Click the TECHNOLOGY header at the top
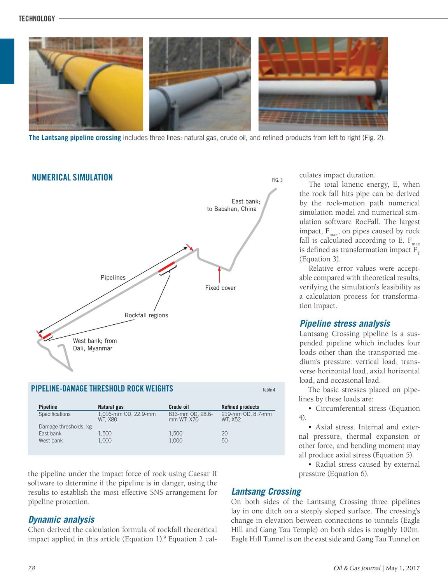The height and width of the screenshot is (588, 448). click(37, 19)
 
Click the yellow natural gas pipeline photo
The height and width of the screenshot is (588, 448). click(86, 84)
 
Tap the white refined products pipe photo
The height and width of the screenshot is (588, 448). click(323, 84)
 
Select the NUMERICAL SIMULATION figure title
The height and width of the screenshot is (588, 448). click(72, 178)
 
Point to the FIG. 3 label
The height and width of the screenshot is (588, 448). click(277, 180)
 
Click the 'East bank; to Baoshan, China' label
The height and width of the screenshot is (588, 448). click(232, 205)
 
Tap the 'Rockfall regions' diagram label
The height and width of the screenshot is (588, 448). click(146, 315)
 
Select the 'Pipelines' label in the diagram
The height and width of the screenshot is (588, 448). click(113, 278)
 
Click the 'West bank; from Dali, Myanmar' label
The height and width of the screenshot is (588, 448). click(95, 345)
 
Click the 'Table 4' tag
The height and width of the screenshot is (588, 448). click(269, 390)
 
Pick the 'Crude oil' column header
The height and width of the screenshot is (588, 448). click(178, 407)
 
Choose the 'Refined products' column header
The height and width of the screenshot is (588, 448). click(240, 407)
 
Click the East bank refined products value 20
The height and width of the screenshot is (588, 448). click(224, 434)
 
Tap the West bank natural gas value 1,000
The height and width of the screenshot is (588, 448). click(105, 441)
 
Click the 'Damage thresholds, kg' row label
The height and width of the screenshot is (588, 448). click(65, 427)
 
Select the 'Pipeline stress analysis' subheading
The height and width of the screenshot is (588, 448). click(345, 324)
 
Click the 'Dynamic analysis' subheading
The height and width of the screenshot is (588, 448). click(61, 520)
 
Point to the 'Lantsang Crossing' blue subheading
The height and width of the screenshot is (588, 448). click(266, 492)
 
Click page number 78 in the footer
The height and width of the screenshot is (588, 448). click(31, 569)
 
